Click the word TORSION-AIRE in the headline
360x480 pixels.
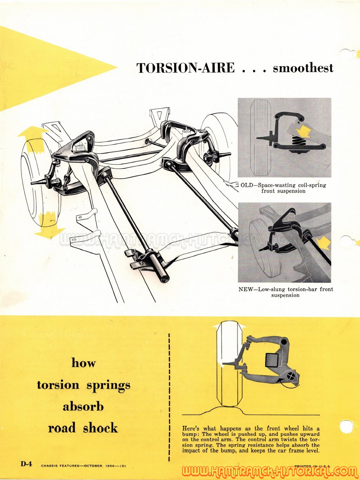pyautogui.click(x=186, y=68)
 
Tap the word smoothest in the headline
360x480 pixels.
pyautogui.click(x=303, y=68)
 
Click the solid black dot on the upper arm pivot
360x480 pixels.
pyautogui.click(x=284, y=342)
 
